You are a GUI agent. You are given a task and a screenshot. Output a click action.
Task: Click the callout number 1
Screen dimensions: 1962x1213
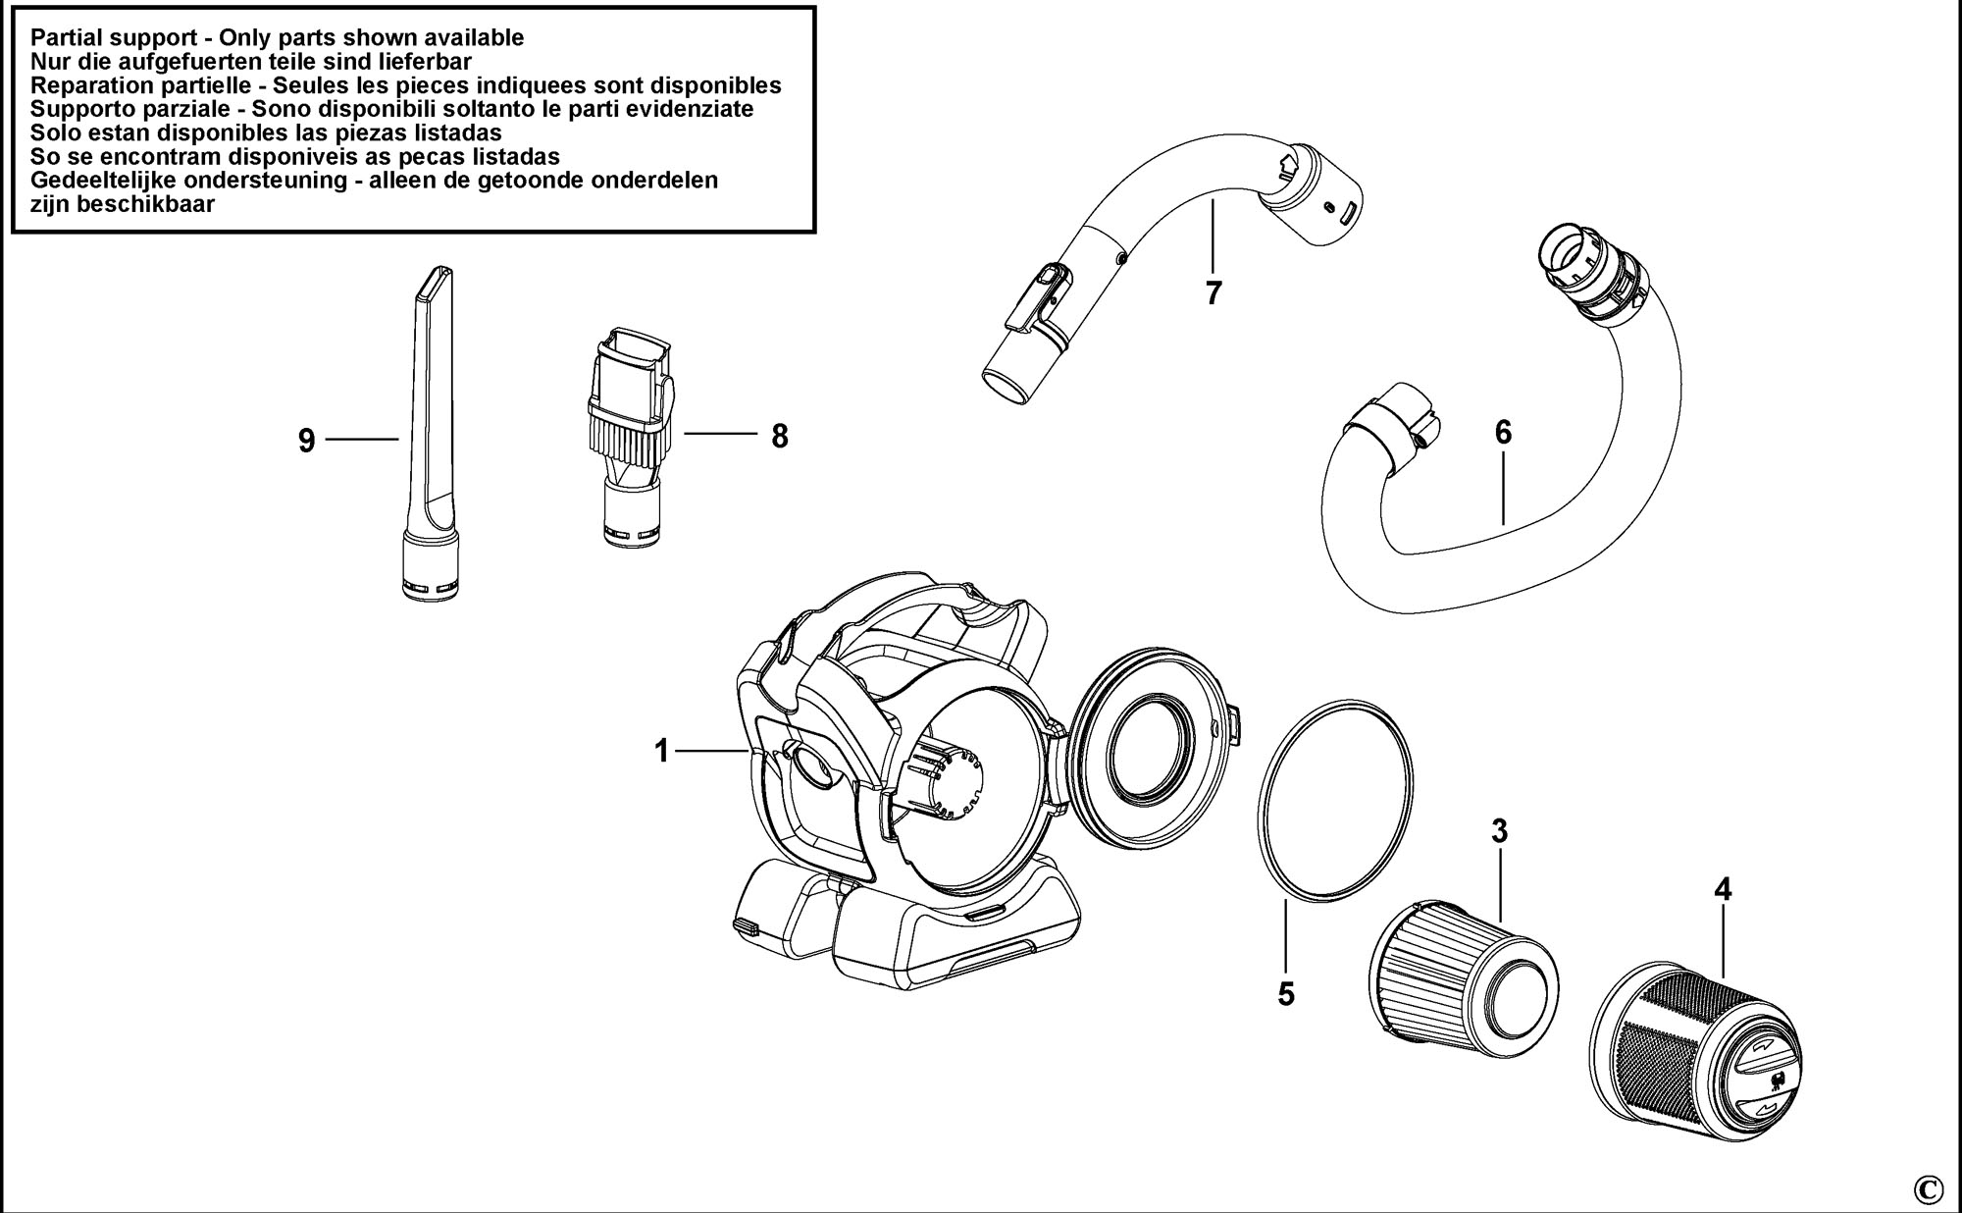[x=661, y=752]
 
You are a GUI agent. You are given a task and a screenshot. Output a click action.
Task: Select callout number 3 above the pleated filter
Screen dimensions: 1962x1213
[x=1499, y=831]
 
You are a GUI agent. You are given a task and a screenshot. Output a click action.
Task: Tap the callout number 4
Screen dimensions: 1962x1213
[x=1723, y=890]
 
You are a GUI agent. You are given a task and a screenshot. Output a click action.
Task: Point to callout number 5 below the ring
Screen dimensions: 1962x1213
[x=1285, y=994]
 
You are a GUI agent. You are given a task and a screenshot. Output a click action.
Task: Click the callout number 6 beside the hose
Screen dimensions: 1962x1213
[x=1503, y=433]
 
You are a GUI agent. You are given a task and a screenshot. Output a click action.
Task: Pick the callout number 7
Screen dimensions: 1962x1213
[x=1214, y=292]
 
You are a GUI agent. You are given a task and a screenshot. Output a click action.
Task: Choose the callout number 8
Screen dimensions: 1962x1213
[x=779, y=437]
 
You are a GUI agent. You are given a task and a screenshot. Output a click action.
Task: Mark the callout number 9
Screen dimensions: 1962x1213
[x=307, y=442]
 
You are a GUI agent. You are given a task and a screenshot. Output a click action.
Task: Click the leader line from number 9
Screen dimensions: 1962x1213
[x=361, y=440]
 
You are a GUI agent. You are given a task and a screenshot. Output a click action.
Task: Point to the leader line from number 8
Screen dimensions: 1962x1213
[x=720, y=434]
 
